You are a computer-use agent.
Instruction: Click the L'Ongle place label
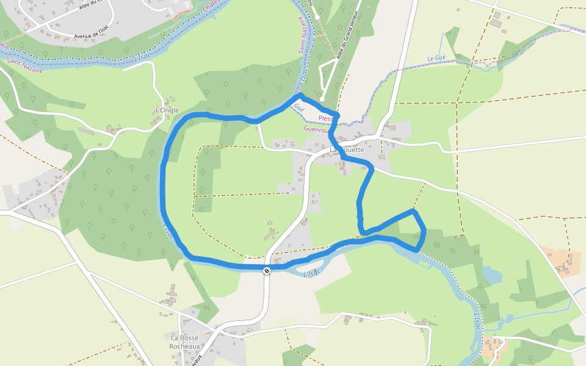pos(167,110)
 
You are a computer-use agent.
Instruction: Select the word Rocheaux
pos(185,346)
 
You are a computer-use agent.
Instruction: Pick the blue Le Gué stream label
pos(437,59)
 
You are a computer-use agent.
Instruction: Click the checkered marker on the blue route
pos(267,271)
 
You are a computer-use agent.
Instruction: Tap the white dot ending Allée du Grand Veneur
pos(322,99)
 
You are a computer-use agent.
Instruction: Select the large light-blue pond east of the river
pos(492,274)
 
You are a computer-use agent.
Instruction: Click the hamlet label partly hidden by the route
pos(347,149)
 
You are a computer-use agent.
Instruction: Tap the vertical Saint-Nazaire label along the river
pos(302,37)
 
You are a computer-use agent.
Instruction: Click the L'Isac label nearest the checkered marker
pos(312,273)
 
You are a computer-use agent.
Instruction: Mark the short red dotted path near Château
pos(182,13)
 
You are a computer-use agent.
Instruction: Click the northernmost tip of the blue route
pos(298,96)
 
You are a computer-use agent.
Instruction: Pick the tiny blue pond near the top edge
pos(457,10)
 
